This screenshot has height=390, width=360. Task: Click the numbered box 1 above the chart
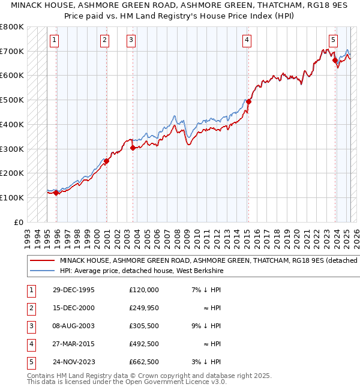pos(54,40)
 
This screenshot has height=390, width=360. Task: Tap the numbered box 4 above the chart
pos(247,40)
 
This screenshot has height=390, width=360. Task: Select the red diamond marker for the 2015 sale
pos(248,101)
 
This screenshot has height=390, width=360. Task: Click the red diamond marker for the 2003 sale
pos(133,148)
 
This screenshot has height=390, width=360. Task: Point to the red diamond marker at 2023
pos(335,59)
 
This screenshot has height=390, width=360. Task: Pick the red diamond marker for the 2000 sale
pos(106,161)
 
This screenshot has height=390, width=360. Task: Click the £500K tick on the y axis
pos(12,100)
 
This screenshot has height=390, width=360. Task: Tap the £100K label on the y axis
pos(12,197)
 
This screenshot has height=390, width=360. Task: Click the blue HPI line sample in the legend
pos(41,271)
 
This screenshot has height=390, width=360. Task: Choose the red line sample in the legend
pos(41,261)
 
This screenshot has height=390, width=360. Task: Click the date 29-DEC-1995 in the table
pos(73,290)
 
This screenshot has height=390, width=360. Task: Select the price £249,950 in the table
pos(144,308)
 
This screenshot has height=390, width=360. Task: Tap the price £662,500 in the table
pos(144,362)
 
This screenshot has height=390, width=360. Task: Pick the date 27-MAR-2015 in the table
pos(74,344)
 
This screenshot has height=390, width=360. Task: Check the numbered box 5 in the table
pos(31,362)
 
